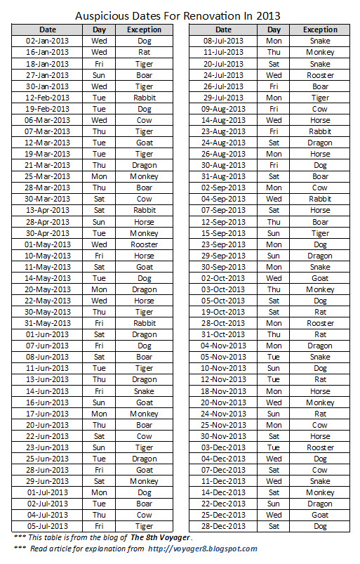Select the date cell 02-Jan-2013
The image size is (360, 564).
(x=48, y=41)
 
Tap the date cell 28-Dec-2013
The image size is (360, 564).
(x=223, y=526)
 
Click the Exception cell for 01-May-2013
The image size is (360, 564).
(x=145, y=244)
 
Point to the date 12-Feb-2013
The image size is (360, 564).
(x=48, y=98)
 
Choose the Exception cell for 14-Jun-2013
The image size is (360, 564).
(x=145, y=391)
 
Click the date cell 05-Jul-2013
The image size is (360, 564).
(x=48, y=526)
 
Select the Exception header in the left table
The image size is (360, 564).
(x=145, y=30)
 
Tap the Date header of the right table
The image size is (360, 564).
(x=223, y=30)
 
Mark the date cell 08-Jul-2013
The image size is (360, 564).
(x=223, y=41)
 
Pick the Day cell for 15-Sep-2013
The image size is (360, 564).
(x=274, y=233)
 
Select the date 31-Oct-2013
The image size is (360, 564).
(x=223, y=334)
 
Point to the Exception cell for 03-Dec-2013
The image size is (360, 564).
(x=320, y=447)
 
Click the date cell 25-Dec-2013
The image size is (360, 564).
(x=223, y=515)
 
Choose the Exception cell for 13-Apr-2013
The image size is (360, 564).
(x=145, y=211)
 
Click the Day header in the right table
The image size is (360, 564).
(x=274, y=30)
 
